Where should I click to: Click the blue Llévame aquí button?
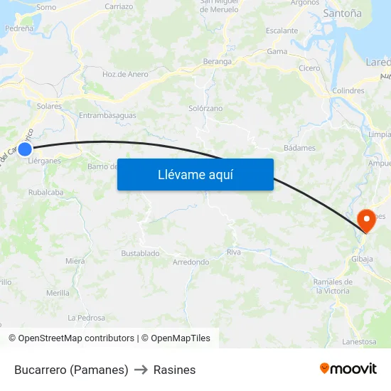(195, 174)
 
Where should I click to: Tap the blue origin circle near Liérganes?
(25, 149)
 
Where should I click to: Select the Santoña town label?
(342, 14)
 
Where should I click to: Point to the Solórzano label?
(205, 108)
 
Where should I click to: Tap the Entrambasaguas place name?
(107, 115)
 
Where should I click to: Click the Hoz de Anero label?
(125, 74)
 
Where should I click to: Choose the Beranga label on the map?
(218, 62)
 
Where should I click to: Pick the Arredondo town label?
(191, 262)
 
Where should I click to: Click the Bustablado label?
(140, 253)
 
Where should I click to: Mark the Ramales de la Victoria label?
(333, 286)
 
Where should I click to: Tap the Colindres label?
(348, 91)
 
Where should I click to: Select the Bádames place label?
(299, 148)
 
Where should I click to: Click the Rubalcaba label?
(46, 192)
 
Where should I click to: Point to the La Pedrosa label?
(86, 318)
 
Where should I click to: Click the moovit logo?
(348, 368)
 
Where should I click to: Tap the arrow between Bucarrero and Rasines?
(141, 370)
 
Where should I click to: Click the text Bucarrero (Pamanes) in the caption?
(71, 370)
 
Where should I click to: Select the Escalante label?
(282, 31)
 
